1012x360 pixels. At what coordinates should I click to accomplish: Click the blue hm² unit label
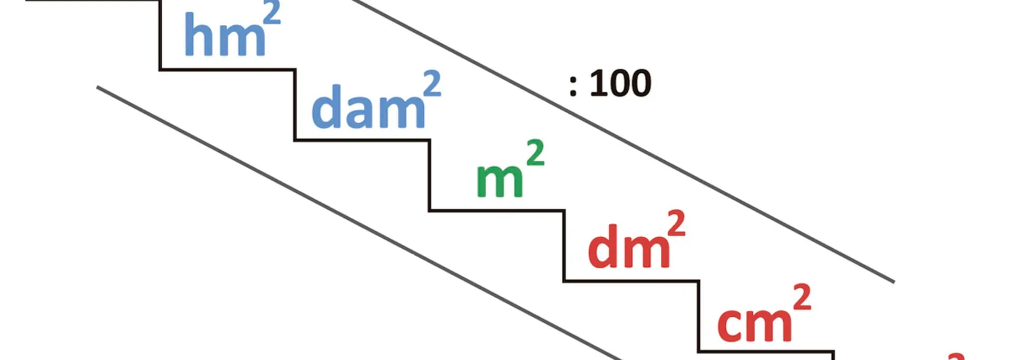click(x=232, y=30)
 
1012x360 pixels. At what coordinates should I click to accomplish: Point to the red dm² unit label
click(x=637, y=240)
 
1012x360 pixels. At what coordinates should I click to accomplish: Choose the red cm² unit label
click(x=764, y=313)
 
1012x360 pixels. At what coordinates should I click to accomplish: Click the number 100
click(x=620, y=83)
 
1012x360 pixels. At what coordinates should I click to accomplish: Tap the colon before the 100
click(x=573, y=86)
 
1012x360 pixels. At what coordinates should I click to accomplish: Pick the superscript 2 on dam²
click(x=432, y=84)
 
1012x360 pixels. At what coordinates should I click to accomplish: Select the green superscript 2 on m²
click(x=535, y=153)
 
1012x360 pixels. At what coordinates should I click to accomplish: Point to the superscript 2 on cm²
click(x=802, y=297)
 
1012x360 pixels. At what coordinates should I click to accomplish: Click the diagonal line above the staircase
click(x=623, y=141)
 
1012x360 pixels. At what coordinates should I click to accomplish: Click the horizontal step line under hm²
click(x=227, y=69)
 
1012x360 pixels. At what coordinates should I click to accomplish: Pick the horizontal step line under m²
click(x=497, y=211)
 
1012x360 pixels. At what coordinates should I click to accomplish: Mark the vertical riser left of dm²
click(x=565, y=246)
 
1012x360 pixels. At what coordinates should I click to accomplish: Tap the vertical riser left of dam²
click(x=295, y=104)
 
